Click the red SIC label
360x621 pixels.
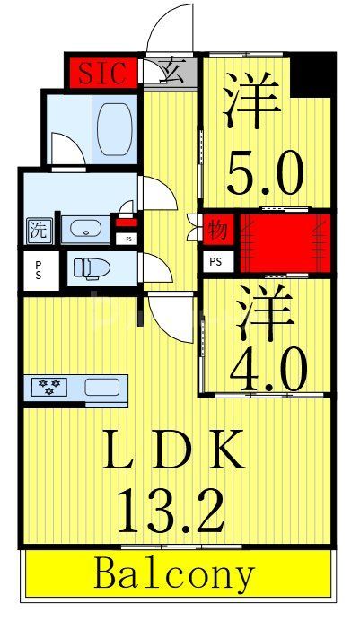pyautogui.click(x=102, y=73)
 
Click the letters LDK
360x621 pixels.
pyautogui.click(x=174, y=450)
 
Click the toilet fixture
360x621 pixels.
pyautogui.click(x=89, y=268)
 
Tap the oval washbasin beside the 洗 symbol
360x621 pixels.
pyautogui.click(x=83, y=229)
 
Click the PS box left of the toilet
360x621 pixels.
pyautogui.click(x=39, y=270)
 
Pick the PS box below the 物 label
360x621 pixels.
pyautogui.click(x=216, y=261)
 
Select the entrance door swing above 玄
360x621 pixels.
pyautogui.click(x=171, y=30)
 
